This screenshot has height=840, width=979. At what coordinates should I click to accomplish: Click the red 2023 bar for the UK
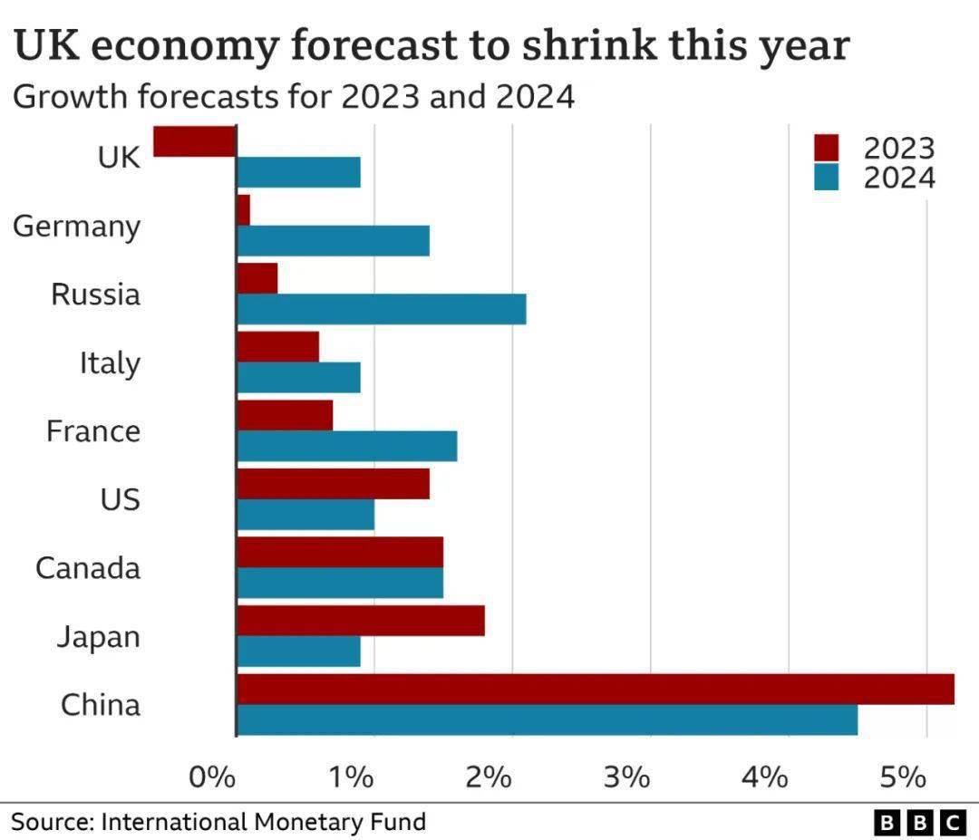[194, 141]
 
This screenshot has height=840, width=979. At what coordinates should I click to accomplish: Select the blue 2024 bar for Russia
[381, 309]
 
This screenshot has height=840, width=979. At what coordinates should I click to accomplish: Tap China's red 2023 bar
[595, 689]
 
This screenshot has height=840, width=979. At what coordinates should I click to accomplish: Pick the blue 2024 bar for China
[547, 719]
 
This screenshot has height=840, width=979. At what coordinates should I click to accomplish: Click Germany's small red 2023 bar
[243, 210]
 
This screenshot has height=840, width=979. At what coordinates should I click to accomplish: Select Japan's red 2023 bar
[360, 621]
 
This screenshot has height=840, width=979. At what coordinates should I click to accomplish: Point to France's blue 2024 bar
[346, 446]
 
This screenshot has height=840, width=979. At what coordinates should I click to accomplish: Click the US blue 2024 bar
[305, 515]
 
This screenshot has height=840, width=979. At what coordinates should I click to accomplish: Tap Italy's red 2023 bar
[277, 347]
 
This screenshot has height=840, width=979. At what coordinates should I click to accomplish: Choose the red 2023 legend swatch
[827, 147]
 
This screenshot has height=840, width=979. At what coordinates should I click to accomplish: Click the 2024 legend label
[898, 178]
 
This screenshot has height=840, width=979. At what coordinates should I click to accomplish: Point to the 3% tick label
[626, 777]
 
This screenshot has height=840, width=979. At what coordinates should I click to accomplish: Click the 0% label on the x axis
[212, 777]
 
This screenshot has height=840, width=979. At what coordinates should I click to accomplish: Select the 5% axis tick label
[903, 777]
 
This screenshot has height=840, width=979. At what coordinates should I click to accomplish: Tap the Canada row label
[88, 568]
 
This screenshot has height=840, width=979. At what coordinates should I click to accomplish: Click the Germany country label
[77, 227]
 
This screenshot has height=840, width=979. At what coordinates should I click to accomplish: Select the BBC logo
[920, 823]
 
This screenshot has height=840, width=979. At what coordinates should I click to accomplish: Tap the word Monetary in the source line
[301, 822]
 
